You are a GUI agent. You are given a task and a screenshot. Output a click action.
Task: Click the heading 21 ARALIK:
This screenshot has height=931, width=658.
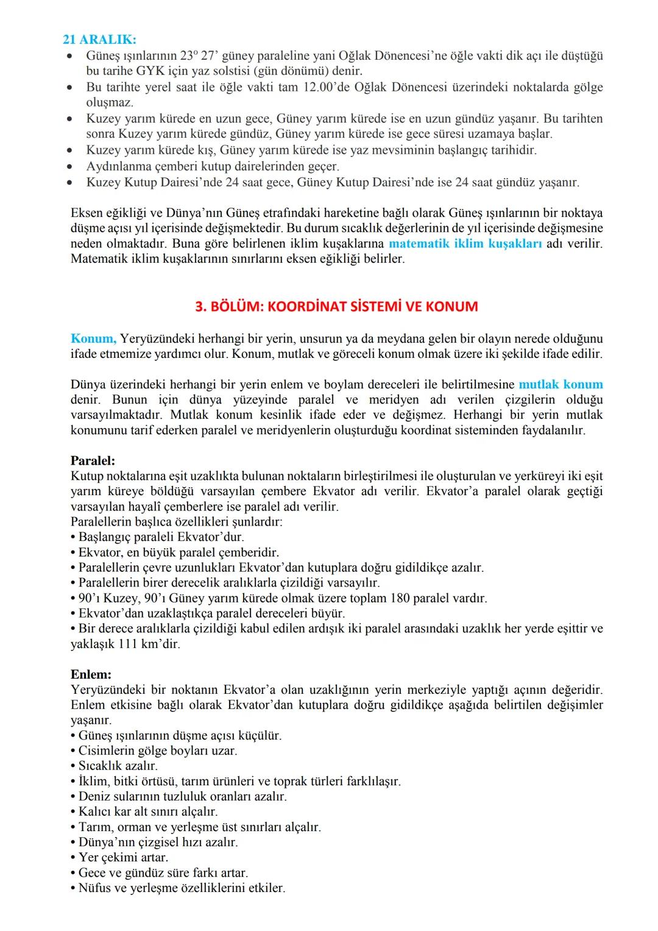[99, 40]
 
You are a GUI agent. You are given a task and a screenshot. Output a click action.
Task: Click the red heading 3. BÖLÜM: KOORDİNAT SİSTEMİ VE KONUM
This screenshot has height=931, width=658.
[336, 306]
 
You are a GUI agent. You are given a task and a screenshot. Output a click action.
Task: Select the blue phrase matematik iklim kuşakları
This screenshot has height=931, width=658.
[465, 243]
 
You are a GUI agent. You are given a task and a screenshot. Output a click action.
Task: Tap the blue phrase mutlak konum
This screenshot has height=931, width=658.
[561, 384]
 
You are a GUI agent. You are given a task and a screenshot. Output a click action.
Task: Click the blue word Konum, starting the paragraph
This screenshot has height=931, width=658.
[93, 338]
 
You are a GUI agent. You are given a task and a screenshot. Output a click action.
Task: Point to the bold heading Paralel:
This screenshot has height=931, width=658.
[93, 460]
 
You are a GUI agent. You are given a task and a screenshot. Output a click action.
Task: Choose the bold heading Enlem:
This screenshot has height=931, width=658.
[91, 674]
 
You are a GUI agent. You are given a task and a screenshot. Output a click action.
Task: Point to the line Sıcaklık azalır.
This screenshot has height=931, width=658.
[118, 766]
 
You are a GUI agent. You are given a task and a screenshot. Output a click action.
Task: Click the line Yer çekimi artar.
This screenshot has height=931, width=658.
[123, 857]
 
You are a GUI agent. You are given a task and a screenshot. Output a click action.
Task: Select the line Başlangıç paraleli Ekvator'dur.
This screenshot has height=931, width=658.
[161, 537]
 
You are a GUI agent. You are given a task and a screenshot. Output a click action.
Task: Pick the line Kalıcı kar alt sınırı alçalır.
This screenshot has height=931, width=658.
[148, 812]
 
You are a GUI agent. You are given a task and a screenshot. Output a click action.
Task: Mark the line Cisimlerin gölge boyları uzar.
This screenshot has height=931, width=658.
[158, 751]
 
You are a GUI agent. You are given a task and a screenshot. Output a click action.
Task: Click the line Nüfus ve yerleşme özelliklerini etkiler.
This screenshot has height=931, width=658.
[182, 888]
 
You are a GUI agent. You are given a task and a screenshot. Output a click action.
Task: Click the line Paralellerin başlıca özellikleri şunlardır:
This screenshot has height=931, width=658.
[177, 522]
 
